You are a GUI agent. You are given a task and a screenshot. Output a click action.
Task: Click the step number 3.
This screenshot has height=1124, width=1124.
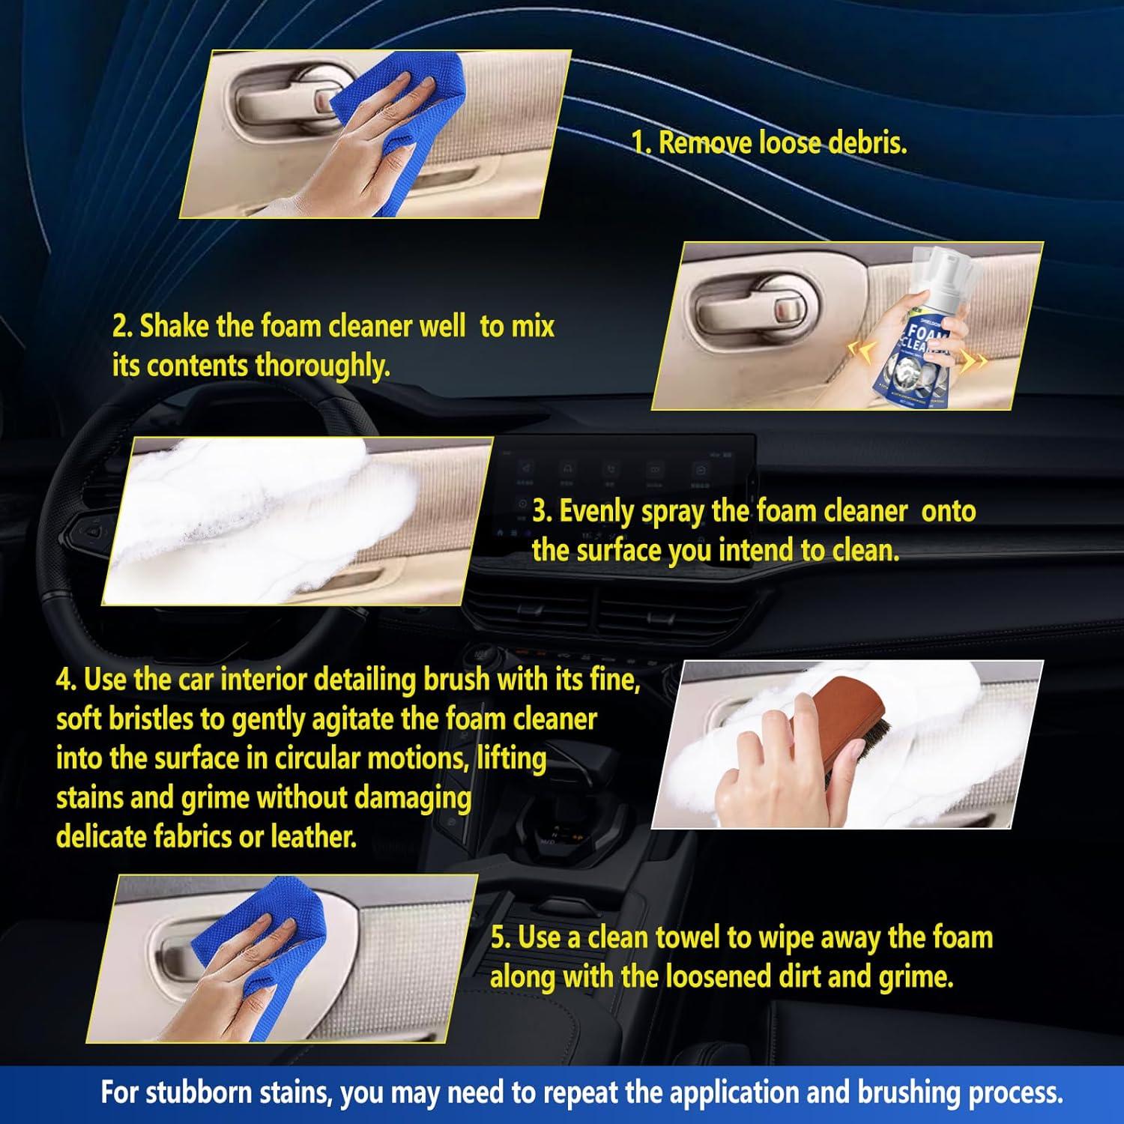[542, 512]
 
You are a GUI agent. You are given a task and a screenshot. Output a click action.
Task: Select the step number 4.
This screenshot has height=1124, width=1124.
[66, 680]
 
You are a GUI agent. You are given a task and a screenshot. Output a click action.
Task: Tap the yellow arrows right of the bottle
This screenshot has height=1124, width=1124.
[974, 361]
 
